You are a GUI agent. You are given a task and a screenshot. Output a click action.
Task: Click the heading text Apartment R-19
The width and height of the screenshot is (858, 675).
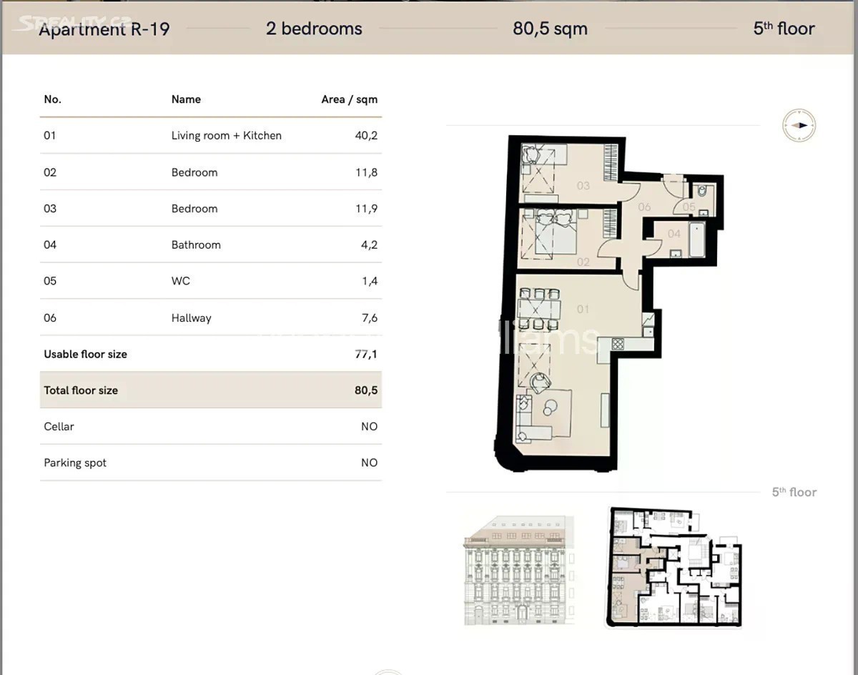(x=104, y=29)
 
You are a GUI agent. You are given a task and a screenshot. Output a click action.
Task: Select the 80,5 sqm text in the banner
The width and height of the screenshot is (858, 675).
(x=550, y=29)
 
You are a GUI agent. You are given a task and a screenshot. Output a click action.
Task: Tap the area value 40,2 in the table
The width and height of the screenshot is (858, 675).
(x=366, y=136)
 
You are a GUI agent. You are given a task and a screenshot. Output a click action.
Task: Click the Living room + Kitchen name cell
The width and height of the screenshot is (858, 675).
(x=227, y=136)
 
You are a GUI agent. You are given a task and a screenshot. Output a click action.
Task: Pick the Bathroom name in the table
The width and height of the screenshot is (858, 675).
(x=196, y=245)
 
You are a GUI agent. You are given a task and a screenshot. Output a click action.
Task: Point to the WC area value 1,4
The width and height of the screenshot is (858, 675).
(x=369, y=281)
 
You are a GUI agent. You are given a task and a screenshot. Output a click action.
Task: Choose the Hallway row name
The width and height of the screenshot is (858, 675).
(x=192, y=317)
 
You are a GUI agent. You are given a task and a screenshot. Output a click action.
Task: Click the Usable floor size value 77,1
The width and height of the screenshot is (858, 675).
(x=365, y=354)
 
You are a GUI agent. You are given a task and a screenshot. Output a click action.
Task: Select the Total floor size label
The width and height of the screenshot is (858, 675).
(x=81, y=390)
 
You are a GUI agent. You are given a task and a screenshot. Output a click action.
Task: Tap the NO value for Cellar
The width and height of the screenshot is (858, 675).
(x=369, y=427)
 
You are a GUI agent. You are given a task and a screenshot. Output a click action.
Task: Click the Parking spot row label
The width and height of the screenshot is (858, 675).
(x=75, y=463)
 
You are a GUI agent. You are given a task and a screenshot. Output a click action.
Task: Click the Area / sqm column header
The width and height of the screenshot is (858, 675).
(x=349, y=99)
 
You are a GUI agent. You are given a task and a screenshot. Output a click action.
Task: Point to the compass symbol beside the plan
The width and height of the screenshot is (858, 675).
(x=799, y=125)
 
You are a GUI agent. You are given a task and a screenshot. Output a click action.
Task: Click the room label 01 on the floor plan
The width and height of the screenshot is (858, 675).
(x=583, y=309)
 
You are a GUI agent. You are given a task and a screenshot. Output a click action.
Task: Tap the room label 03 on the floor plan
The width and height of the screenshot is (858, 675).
(x=583, y=185)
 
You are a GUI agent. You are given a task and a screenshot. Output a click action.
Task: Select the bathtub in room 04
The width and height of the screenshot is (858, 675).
(x=697, y=240)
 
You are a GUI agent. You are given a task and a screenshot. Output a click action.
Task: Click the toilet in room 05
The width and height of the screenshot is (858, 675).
(x=702, y=191)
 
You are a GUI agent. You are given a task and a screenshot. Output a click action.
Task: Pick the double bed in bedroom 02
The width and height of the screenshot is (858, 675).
(x=556, y=232)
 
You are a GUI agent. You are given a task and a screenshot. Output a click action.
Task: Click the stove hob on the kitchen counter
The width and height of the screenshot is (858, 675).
(x=618, y=344)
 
